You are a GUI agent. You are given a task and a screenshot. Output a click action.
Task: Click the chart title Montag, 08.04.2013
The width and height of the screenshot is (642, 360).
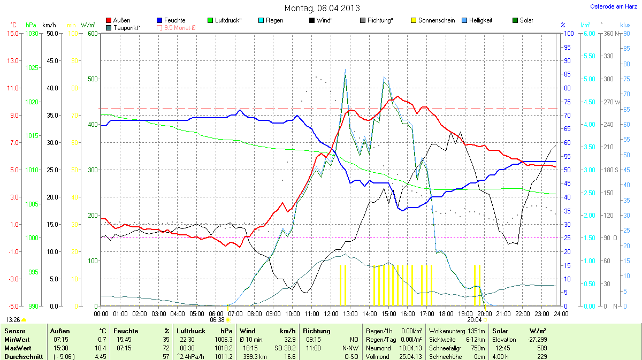322,8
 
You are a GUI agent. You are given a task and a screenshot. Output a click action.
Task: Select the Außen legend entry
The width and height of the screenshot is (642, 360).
121,20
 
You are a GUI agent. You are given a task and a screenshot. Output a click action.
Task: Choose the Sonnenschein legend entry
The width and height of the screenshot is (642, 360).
437,20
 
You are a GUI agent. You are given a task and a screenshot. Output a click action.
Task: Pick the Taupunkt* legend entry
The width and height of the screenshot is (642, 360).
127,27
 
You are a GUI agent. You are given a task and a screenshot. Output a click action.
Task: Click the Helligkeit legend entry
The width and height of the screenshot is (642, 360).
479,20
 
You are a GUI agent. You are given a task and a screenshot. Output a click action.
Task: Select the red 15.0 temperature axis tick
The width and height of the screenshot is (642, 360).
12,33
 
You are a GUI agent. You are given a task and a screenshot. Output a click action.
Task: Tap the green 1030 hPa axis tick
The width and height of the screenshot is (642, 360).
32,33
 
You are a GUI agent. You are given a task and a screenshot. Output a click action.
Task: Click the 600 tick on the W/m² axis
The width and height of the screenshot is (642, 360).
93,33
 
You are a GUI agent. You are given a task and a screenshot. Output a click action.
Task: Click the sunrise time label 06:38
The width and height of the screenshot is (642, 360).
217,319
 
